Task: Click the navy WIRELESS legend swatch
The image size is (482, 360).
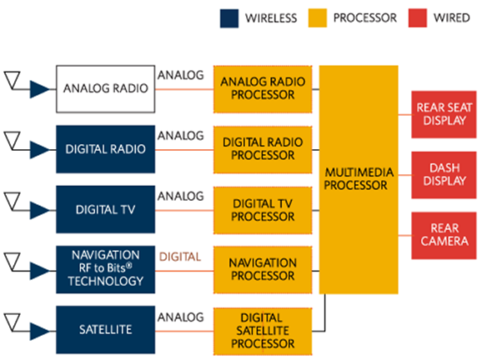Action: [x=229, y=18]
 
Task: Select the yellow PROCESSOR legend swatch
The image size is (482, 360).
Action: [x=318, y=18]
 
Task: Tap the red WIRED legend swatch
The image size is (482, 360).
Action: [x=418, y=18]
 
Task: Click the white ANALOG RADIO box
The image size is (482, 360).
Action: [x=105, y=89]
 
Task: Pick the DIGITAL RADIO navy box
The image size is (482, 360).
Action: [x=105, y=149]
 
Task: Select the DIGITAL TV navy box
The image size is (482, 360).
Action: [x=105, y=209]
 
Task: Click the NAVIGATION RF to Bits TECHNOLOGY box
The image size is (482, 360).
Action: [x=105, y=269]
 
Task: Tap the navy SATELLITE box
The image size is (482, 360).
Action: [x=105, y=330]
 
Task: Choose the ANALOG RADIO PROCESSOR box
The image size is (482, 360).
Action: [x=263, y=89]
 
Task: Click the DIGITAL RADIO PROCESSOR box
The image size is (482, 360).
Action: [x=263, y=150]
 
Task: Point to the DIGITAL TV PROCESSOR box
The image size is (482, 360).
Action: [x=263, y=210]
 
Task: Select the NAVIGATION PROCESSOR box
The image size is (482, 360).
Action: [x=263, y=270]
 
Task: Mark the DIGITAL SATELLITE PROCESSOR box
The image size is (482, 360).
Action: [x=263, y=332]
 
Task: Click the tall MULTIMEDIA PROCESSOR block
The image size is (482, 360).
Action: [x=359, y=180]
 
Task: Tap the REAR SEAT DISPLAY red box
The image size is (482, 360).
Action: [x=444, y=114]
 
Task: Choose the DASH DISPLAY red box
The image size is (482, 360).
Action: [x=444, y=175]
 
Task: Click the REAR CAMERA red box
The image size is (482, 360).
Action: [x=444, y=235]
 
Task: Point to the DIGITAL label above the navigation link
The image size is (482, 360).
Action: [x=180, y=257]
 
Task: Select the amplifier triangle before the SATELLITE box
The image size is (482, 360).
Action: [x=40, y=331]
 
